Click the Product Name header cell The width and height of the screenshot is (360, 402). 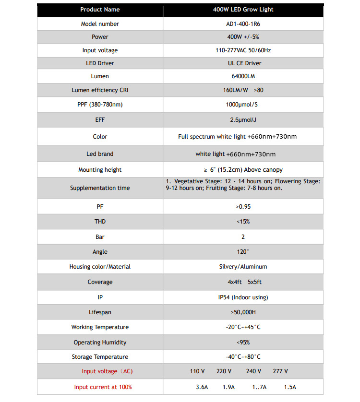100,10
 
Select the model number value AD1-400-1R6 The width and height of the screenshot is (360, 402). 243,24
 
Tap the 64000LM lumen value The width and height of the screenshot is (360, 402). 243,76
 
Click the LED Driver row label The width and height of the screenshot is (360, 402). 100,63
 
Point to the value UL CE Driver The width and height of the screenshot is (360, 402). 243,63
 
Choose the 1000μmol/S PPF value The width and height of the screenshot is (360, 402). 243,104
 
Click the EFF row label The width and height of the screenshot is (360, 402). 100,120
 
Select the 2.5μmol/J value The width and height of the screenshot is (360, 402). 243,120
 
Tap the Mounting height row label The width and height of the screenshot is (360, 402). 100,170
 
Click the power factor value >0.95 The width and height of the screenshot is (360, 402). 243,206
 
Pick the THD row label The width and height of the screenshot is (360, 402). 100,222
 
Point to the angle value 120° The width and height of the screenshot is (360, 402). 243,252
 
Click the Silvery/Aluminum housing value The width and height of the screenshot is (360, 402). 243,267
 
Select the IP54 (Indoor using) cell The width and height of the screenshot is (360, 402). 243,297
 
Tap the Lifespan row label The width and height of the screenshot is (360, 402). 100,312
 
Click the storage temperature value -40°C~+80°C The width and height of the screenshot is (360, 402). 243,357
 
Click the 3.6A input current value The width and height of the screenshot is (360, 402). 202,387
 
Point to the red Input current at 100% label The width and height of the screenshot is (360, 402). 103,387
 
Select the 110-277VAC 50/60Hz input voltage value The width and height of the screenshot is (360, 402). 243,50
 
